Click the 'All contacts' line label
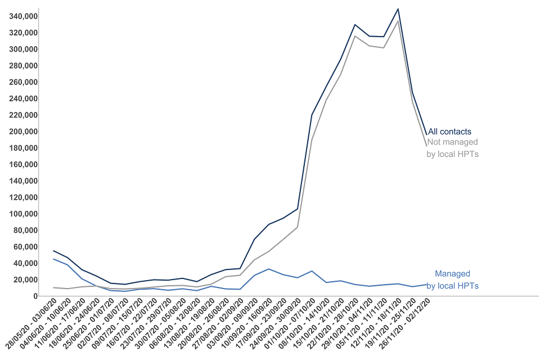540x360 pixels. click(x=449, y=132)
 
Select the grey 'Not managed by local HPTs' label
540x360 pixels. click(x=452, y=148)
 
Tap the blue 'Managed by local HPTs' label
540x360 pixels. click(x=452, y=280)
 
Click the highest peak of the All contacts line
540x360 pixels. click(x=398, y=9)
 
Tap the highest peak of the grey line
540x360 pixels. click(x=398, y=21)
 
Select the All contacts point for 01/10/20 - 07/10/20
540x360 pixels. click(x=312, y=115)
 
